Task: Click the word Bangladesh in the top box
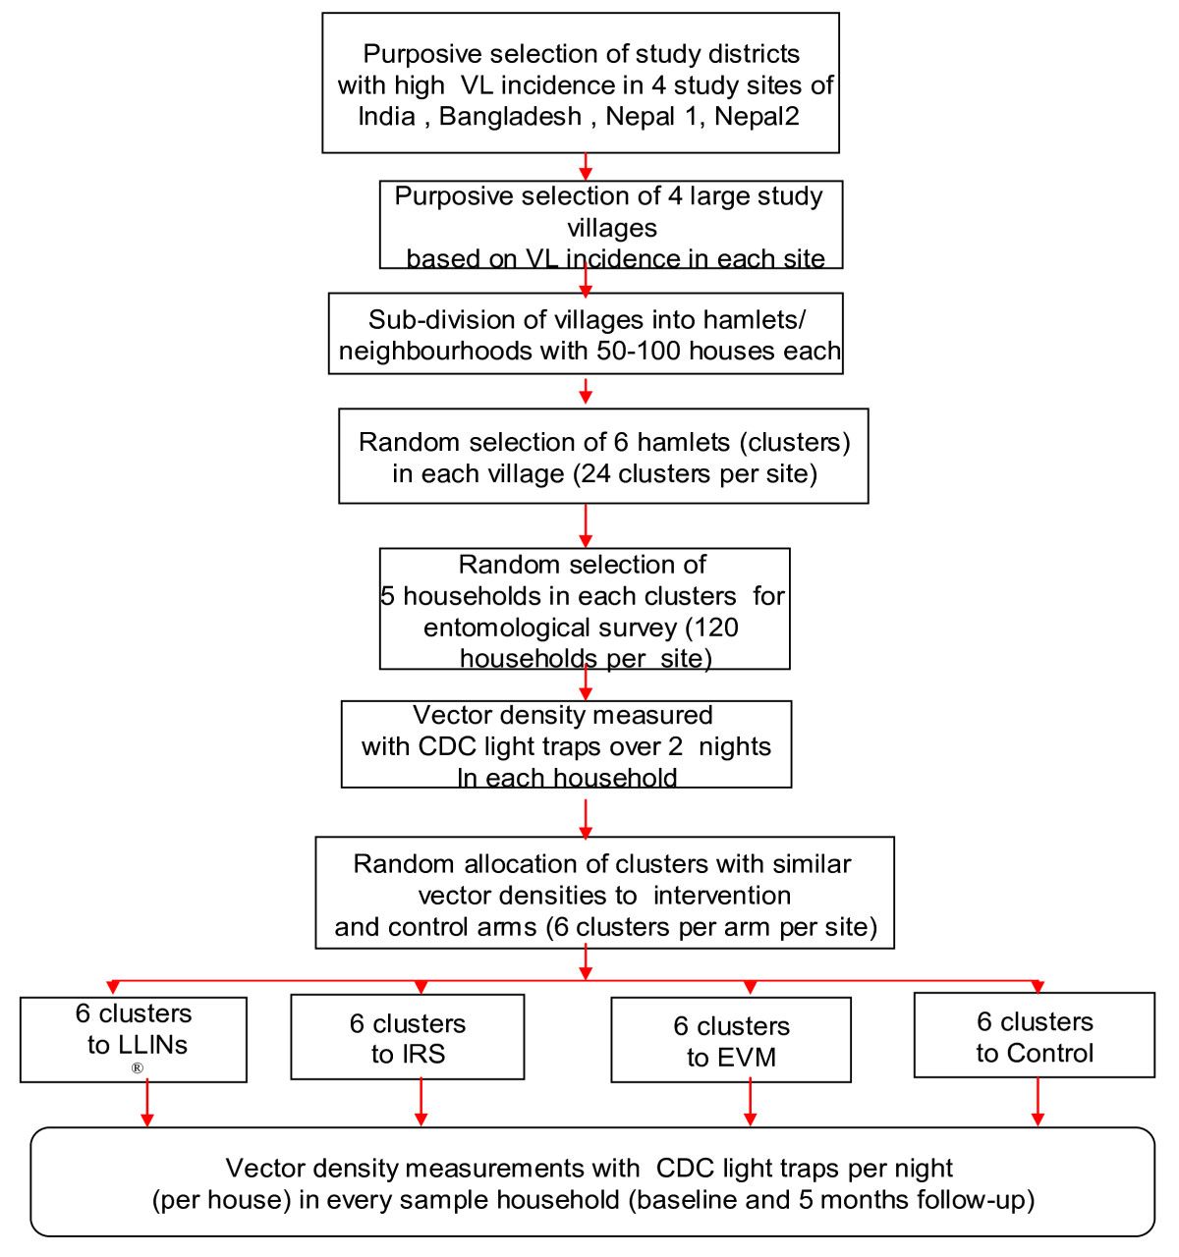pos(510,117)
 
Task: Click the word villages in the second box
pos(611,228)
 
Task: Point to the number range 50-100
pos(638,352)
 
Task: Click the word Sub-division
pos(439,320)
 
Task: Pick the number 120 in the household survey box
pos(719,628)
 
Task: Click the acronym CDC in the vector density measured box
pos(447,746)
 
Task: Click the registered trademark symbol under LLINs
pos(137,1068)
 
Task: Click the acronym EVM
pos(746,1058)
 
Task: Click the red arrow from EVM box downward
pos(751,1105)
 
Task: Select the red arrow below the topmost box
pos(586,166)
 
